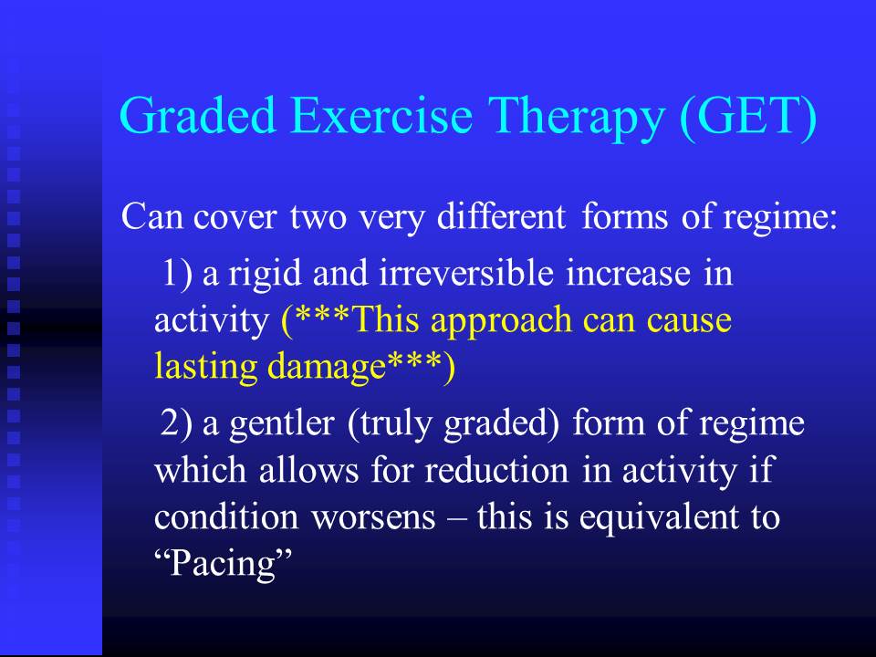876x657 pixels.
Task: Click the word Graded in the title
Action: click(x=198, y=115)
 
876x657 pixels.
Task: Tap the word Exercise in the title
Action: click(x=381, y=115)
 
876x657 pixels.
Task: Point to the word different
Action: click(x=501, y=216)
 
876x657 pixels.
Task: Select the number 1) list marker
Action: click(x=177, y=274)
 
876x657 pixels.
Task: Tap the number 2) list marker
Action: click(x=177, y=422)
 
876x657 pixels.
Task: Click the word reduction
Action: click(x=496, y=470)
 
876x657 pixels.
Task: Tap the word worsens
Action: click(x=373, y=519)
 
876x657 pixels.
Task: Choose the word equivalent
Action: click(x=659, y=519)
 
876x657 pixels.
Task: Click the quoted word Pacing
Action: click(x=224, y=564)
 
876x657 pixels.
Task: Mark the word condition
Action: click(x=226, y=516)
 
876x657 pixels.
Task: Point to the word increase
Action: click(x=628, y=275)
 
